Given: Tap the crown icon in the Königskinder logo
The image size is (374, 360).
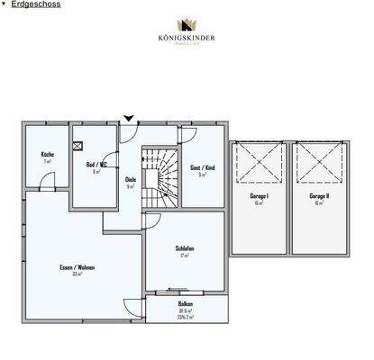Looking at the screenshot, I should point(187,25).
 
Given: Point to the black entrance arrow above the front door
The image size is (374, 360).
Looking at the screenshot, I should point(128,118).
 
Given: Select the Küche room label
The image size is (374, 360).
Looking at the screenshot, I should point(47,155).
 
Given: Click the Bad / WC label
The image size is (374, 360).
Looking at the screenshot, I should point(96,165).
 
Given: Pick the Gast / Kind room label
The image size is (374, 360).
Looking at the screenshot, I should point(202,168).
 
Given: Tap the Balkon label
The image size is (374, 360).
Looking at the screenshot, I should point(185,304).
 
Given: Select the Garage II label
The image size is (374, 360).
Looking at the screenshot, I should point(318,196).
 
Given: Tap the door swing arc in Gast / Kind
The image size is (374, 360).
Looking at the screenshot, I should point(187,135).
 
